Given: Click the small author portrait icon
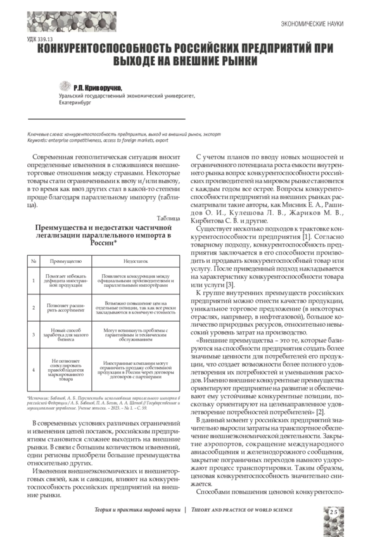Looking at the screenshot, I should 65,87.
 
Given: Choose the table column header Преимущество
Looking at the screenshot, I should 65,260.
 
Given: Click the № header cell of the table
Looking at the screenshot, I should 33,260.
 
